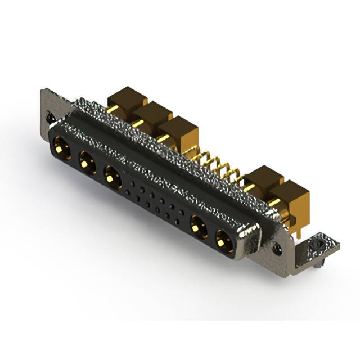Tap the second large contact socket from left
86,163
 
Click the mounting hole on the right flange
277,247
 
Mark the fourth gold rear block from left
263,181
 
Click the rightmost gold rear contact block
290,197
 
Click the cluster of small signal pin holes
152,202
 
